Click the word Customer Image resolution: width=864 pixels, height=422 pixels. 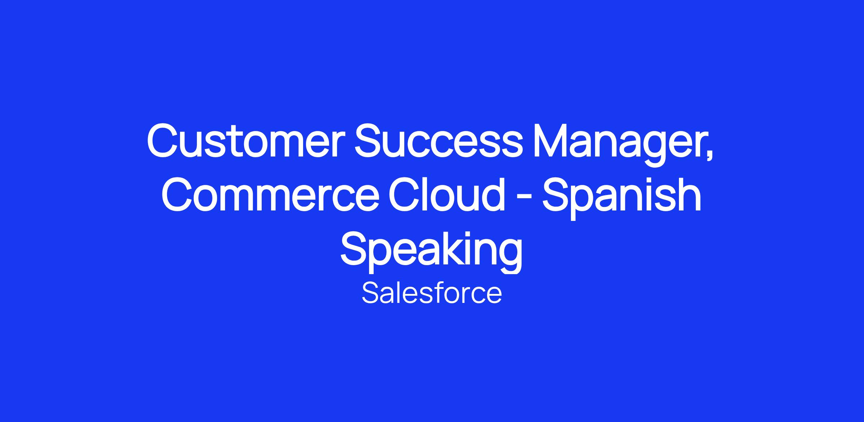[x=243, y=140]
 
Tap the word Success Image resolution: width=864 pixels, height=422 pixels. [x=438, y=140]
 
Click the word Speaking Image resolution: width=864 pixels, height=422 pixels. [x=431, y=251]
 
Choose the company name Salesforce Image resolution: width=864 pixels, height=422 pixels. [x=432, y=293]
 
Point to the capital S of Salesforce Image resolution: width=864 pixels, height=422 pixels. [x=370, y=293]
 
